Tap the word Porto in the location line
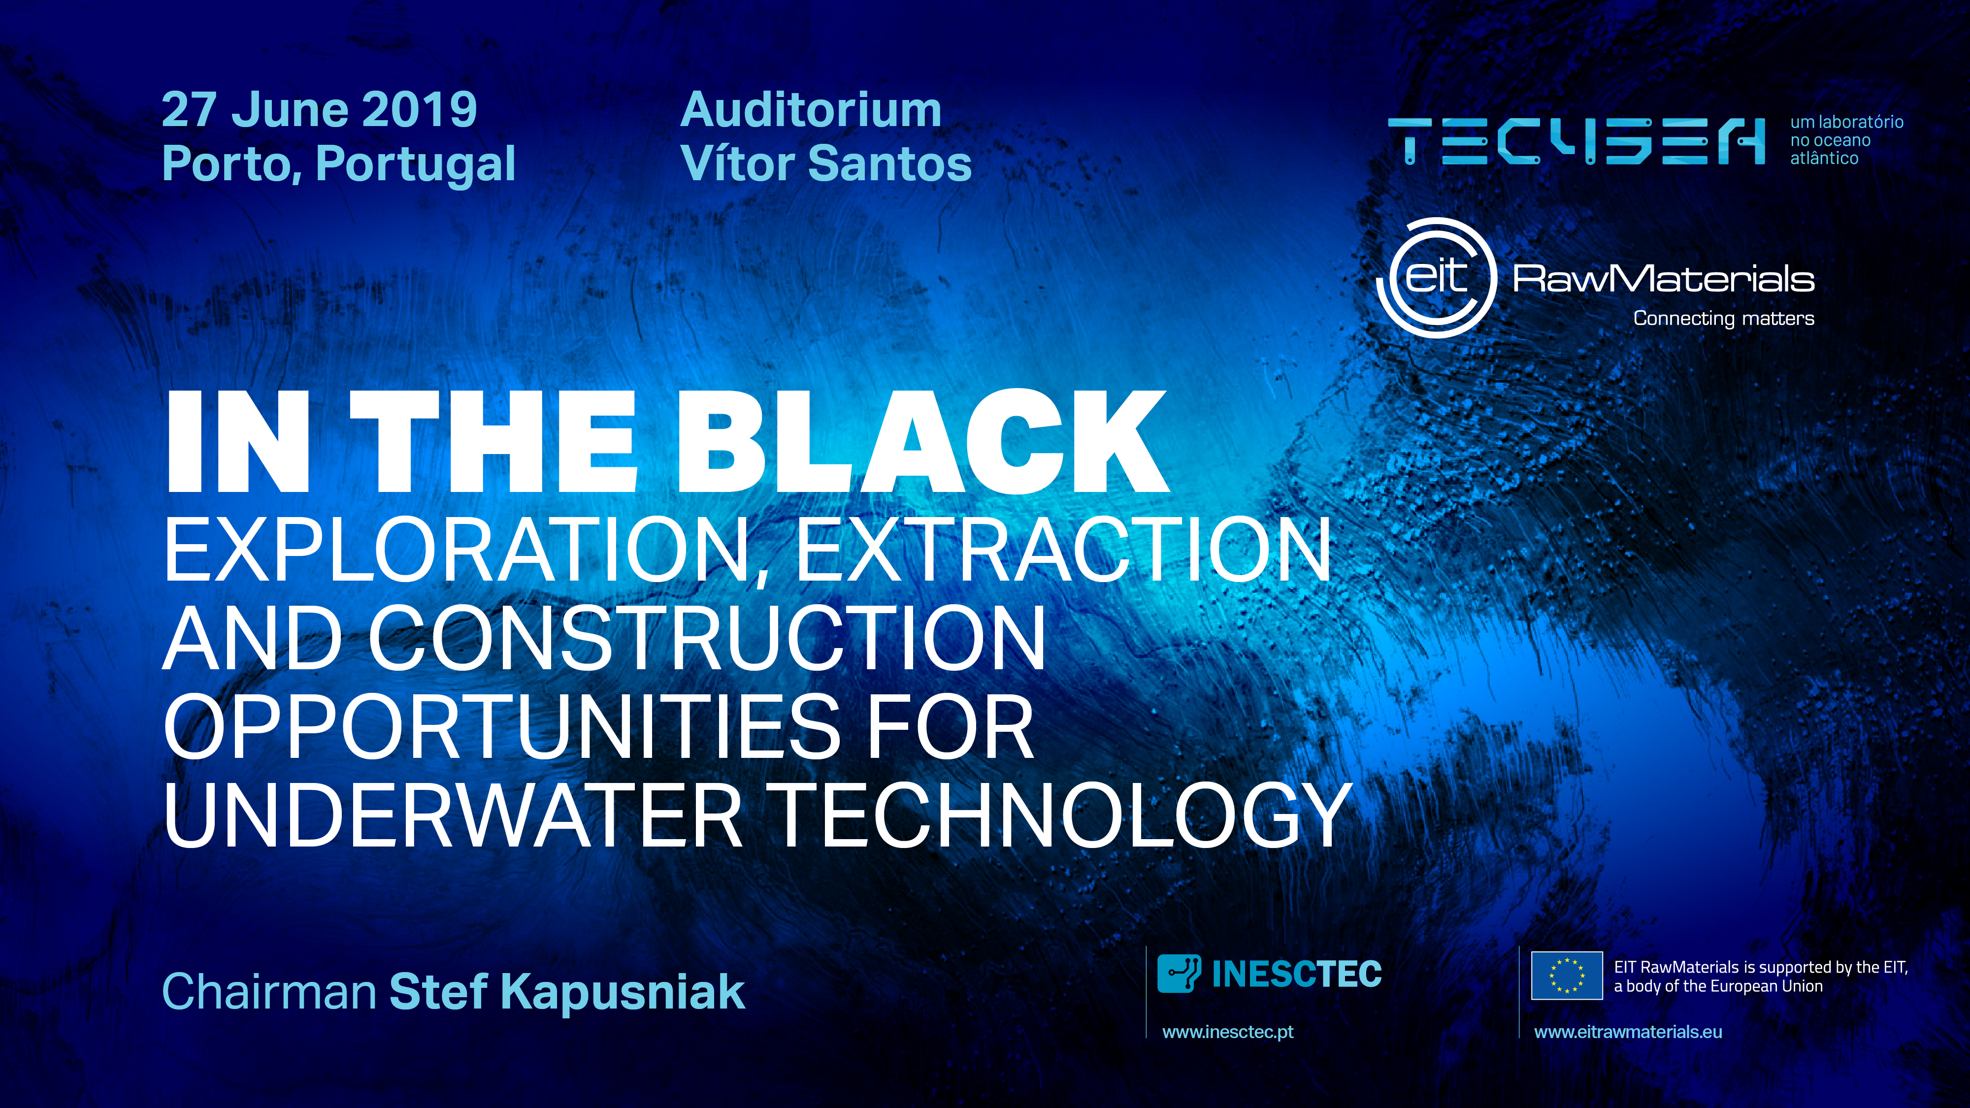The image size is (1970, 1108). pos(230,164)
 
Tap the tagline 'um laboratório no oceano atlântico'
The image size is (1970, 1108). pos(1846,140)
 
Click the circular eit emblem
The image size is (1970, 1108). pos(1436,278)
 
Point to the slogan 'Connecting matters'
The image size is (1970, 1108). pos(1724,318)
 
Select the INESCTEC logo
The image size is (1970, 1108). pos(1270,974)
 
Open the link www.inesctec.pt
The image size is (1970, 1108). pos(1227,1032)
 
